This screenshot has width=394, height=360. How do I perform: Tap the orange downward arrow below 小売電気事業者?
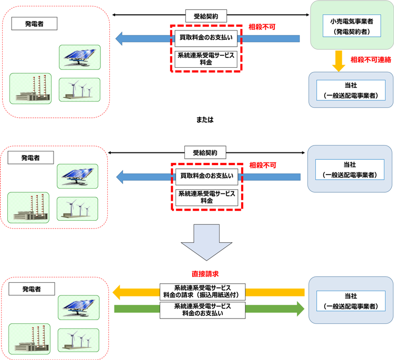(x=339, y=60)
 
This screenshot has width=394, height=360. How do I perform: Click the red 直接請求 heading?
(x=205, y=274)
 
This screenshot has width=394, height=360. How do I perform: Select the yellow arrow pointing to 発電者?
(x=131, y=292)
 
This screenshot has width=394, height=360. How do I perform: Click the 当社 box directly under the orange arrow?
(x=350, y=90)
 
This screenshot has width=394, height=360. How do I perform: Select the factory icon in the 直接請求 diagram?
(x=29, y=340)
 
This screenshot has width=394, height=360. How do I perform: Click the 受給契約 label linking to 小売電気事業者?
(x=205, y=16)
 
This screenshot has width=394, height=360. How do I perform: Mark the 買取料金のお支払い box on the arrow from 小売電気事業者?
(x=205, y=38)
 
